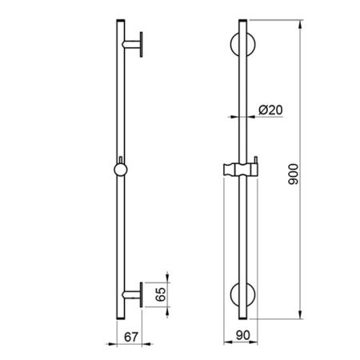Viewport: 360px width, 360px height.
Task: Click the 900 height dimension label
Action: point(294,174)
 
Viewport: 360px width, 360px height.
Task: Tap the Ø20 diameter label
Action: point(270,110)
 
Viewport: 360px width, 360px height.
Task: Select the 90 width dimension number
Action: point(242,335)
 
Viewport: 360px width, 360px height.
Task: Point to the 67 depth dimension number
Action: point(131,338)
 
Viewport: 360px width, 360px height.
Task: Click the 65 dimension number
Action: point(161,294)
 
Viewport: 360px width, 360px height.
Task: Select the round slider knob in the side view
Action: point(121,170)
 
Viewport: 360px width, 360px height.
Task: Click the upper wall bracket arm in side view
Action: point(131,45)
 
